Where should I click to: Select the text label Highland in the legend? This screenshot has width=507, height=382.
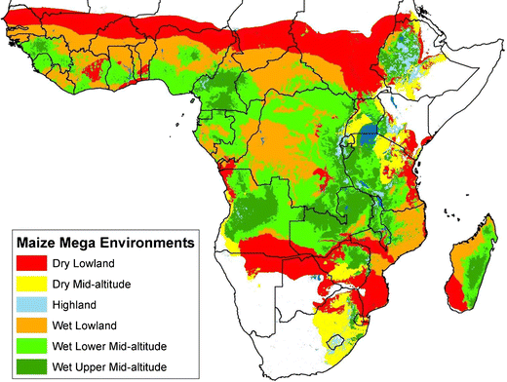[87, 305]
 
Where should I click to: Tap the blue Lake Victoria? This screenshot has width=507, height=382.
[370, 136]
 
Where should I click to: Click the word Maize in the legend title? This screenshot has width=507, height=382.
[38, 239]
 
